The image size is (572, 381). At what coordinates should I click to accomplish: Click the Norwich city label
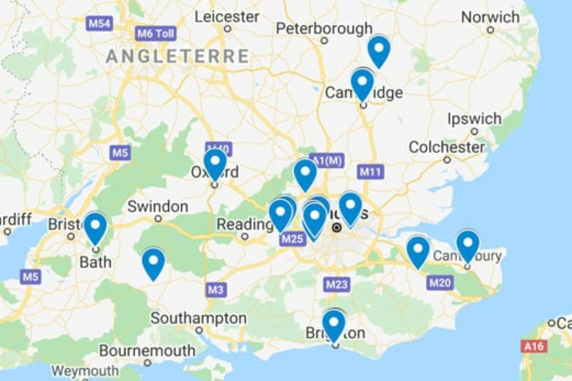[x=490, y=18]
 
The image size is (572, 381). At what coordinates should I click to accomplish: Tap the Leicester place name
[x=227, y=17]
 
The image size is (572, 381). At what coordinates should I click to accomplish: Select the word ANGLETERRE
[x=177, y=56]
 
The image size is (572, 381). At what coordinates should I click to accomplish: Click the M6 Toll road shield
[x=155, y=34]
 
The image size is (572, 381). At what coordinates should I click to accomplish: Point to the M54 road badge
[x=99, y=23]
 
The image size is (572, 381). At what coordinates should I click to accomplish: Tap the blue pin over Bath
[x=95, y=227]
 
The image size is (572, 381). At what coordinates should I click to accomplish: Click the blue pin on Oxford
[x=215, y=163]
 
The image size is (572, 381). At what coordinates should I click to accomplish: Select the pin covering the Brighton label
[x=334, y=324]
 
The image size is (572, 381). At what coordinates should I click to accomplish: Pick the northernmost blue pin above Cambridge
[x=378, y=50]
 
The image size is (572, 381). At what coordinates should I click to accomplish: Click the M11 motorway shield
[x=371, y=172]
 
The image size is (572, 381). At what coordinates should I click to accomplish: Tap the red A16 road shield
[x=533, y=346]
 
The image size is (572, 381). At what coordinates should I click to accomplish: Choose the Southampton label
[x=199, y=318]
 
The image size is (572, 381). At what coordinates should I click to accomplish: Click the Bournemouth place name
[x=147, y=351]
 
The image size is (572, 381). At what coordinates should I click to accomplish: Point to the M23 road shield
[x=337, y=285]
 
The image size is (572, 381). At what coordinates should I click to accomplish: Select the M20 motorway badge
[x=439, y=282]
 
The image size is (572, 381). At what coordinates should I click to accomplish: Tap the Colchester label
[x=447, y=147]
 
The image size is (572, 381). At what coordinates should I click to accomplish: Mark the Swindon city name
[x=158, y=207]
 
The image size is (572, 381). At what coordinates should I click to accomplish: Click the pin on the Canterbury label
[x=468, y=245]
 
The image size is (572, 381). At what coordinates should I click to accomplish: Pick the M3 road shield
[x=216, y=290]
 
